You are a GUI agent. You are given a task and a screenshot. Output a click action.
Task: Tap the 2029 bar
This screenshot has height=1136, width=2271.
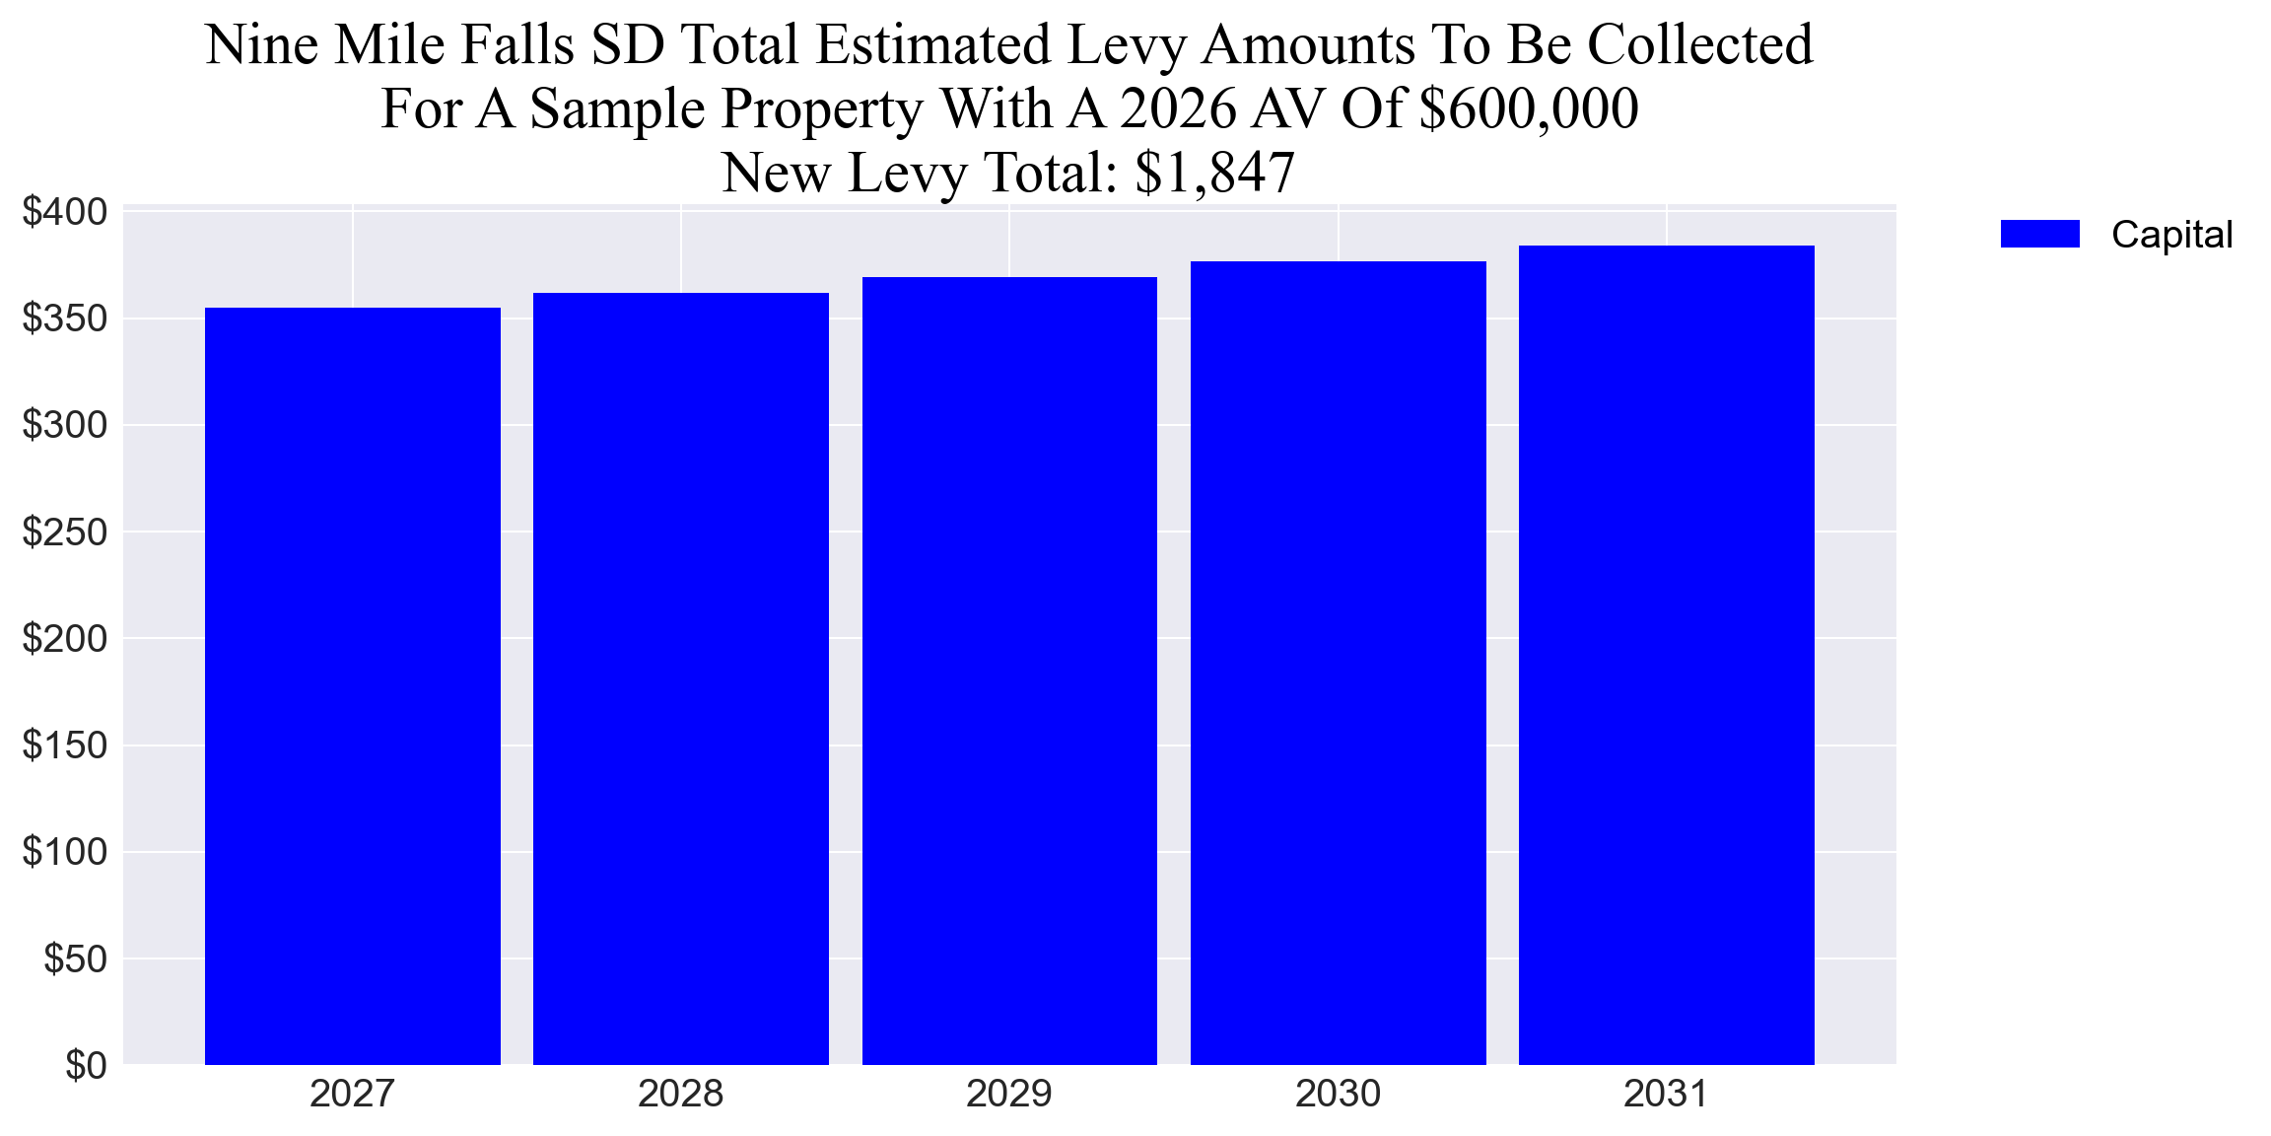pos(1009,671)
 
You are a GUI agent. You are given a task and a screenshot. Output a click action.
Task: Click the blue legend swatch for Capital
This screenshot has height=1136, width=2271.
pos(2039,234)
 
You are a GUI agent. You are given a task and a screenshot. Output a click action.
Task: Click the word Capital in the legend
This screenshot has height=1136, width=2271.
pos(2171,235)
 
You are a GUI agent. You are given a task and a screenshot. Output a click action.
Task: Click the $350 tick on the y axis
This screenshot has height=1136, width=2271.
pos(65,319)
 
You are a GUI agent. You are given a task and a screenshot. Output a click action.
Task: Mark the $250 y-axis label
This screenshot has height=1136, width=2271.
pos(65,532)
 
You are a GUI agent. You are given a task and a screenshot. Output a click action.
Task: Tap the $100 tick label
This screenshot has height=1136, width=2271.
pos(65,851)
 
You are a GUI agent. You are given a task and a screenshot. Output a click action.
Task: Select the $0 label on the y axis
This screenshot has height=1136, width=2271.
pos(86,1065)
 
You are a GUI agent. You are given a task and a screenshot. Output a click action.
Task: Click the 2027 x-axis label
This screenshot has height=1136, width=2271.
pos(352,1094)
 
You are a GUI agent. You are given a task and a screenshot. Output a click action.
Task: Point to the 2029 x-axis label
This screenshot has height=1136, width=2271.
pos(1009,1094)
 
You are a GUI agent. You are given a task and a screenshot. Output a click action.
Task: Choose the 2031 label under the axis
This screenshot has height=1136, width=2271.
pos(1666,1094)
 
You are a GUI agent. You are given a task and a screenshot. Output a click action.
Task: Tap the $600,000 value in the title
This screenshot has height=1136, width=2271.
pos(1528,108)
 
